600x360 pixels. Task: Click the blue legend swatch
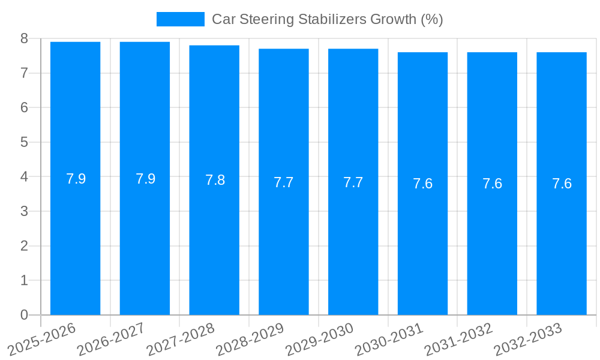tap(180, 19)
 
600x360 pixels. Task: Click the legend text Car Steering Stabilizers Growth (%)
tap(327, 19)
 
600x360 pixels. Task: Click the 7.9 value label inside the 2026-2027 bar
tap(145, 179)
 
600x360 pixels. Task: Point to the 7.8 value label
tap(215, 180)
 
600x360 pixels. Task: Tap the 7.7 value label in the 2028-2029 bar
tap(283, 182)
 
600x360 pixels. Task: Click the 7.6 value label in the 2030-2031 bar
tap(422, 184)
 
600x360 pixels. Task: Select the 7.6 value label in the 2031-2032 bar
tap(492, 184)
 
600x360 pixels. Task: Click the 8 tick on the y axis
tap(24, 38)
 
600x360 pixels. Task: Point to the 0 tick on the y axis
tap(24, 315)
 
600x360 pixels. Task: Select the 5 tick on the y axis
tap(24, 142)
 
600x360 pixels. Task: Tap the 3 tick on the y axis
tap(24, 211)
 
